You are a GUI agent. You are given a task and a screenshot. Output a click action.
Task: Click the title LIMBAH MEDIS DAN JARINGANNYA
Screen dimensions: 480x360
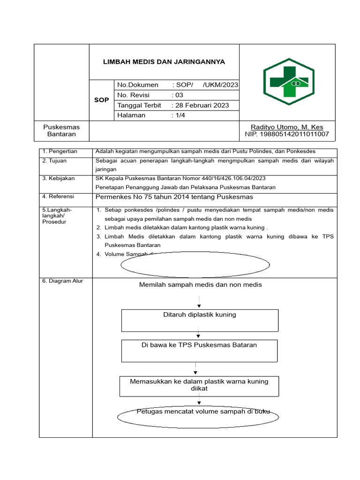[164, 62]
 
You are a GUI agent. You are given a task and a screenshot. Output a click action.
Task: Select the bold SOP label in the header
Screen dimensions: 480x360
[101, 100]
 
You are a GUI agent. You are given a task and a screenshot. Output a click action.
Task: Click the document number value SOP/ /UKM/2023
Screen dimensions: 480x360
[205, 85]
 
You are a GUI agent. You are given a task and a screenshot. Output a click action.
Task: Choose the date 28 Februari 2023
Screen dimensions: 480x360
[201, 105]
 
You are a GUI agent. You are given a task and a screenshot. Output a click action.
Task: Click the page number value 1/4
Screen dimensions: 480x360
[179, 115]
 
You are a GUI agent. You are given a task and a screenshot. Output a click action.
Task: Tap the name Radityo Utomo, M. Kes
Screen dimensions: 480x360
[287, 127]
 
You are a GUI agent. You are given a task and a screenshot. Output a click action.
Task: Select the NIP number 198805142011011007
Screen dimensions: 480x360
[287, 135]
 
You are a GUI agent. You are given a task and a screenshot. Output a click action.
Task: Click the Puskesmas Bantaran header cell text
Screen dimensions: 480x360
[61, 131]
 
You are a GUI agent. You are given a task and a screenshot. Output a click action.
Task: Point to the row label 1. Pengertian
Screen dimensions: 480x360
[60, 152]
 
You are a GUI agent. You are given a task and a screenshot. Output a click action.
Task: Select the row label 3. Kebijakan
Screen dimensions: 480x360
[59, 179]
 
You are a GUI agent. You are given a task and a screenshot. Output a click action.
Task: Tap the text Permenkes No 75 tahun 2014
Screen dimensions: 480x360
[174, 196]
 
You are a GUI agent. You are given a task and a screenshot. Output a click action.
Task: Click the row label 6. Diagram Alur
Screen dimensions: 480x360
[62, 281]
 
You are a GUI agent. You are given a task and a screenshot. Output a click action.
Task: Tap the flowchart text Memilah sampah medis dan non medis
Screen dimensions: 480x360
[201, 285]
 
